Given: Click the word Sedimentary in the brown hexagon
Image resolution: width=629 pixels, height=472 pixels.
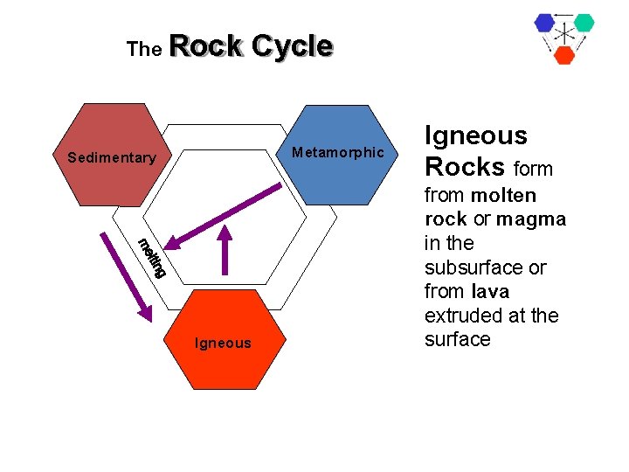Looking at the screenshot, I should [x=111, y=158].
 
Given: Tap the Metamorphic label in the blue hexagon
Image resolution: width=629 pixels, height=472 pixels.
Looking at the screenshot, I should [x=337, y=153].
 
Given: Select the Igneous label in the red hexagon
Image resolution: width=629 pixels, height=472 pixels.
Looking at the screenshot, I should [x=223, y=344].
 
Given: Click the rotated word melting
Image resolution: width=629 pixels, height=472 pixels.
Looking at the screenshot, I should [x=151, y=257].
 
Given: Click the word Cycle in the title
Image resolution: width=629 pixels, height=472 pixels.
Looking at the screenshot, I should [x=291, y=45].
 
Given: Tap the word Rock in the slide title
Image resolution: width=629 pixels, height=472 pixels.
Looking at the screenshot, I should [x=207, y=45].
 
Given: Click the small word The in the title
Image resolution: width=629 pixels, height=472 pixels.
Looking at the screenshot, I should [x=144, y=50].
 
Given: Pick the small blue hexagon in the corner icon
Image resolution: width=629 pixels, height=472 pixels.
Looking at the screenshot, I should [x=546, y=23].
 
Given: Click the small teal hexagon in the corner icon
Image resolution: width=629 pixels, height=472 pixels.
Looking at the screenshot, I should [x=584, y=23].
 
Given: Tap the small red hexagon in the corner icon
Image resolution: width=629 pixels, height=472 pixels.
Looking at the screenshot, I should [x=564, y=54].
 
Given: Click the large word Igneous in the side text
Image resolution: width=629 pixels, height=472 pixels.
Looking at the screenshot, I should [x=475, y=135].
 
